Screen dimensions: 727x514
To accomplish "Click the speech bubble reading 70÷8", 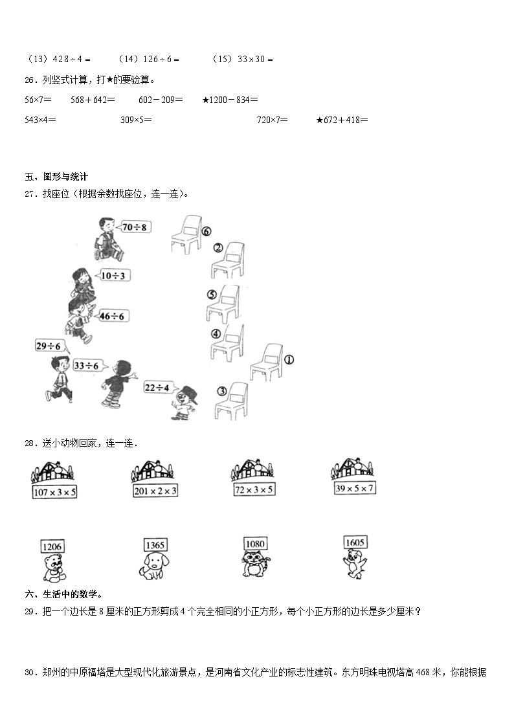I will coord(135,227).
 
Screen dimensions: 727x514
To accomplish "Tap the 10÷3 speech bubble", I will coord(113,276).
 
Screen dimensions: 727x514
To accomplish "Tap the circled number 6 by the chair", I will coord(207,231).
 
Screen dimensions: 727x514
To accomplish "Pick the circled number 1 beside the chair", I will coord(289,359).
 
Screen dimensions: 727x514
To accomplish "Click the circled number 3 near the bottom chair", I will coord(221,391).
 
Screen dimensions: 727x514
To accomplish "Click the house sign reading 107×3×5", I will coord(54,493).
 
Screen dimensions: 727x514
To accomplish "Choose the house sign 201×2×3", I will coord(155,491).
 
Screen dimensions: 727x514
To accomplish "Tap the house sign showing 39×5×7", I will coord(354,488).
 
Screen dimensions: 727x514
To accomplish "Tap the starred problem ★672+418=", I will coord(342,120).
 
